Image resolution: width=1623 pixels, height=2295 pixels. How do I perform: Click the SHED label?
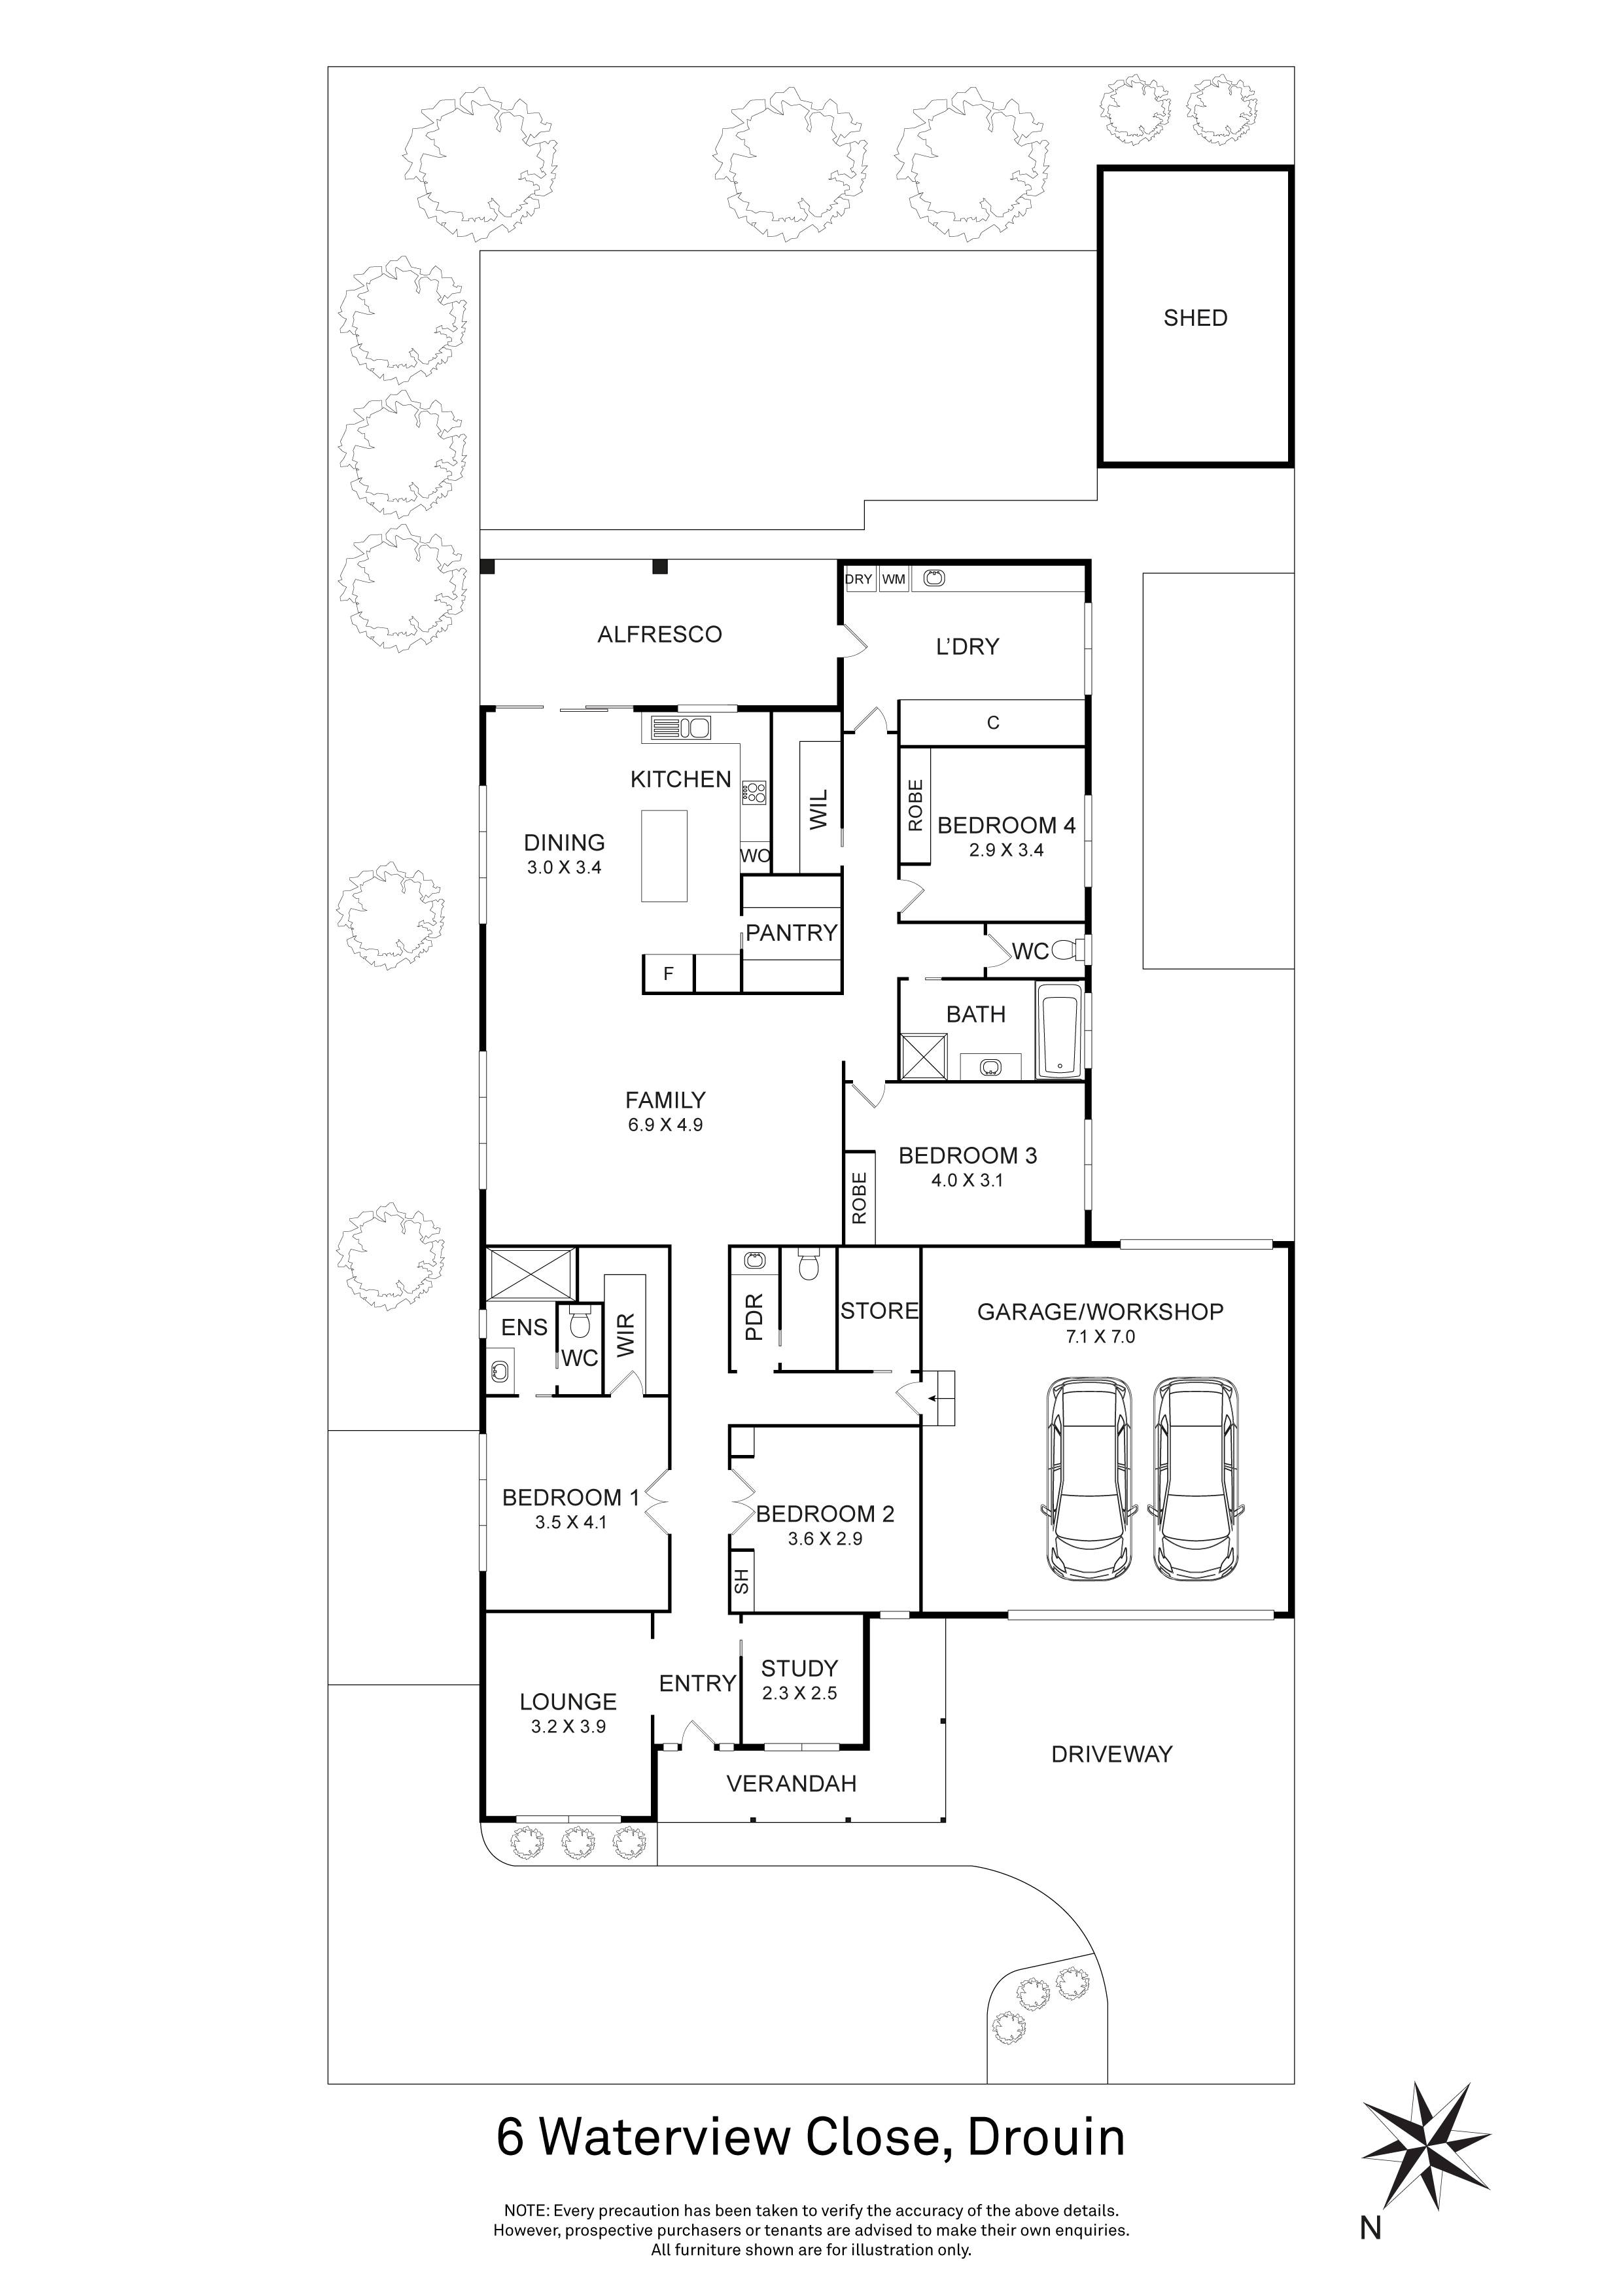1195,318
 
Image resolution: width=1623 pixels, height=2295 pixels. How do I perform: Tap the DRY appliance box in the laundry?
858,579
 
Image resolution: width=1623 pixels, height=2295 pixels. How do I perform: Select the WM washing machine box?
894,579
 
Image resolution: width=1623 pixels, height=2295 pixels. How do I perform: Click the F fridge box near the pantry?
669,973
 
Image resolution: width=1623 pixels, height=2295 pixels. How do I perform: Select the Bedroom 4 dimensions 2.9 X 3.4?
1005,850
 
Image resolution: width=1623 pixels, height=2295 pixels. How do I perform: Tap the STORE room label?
879,1310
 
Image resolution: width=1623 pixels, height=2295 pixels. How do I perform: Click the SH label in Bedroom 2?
741,1581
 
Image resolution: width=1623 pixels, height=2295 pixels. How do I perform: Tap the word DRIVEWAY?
1111,1753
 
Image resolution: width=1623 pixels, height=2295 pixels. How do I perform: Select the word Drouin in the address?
1047,2138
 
